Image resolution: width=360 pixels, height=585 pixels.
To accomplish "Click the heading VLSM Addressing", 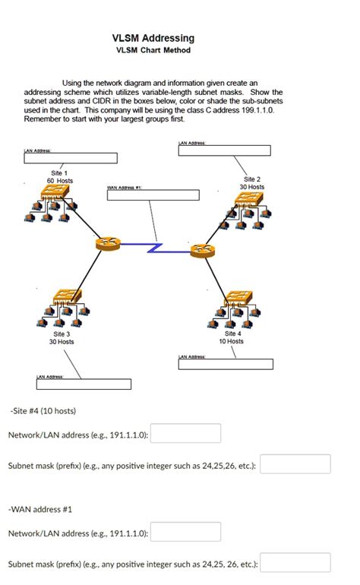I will pyautogui.click(x=153, y=37).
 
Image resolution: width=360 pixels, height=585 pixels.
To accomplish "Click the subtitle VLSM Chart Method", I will pyautogui.click(x=153, y=50).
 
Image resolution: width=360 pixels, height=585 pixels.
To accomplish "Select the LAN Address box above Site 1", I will pyautogui.click(x=71, y=159).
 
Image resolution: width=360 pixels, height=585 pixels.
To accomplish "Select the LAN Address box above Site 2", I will pyautogui.click(x=225, y=150).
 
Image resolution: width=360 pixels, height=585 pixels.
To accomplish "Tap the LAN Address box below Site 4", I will pyautogui.click(x=225, y=365).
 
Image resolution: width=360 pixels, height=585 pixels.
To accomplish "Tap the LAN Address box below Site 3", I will pyautogui.click(x=84, y=384).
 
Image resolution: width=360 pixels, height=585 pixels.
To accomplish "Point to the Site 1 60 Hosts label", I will pyautogui.click(x=60, y=177).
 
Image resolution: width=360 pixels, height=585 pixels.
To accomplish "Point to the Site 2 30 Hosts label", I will pyautogui.click(x=251, y=182).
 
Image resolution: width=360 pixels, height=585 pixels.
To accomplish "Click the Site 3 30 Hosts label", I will pyautogui.click(x=62, y=337).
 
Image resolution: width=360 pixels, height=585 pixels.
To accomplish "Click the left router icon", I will pyautogui.click(x=108, y=244).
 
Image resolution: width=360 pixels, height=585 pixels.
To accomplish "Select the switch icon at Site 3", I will pyautogui.click(x=64, y=297).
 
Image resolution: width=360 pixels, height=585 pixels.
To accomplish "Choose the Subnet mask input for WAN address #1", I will pyautogui.click(x=295, y=563).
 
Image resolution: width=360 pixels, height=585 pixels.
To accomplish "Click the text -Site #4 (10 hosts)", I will pyautogui.click(x=43, y=411).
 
